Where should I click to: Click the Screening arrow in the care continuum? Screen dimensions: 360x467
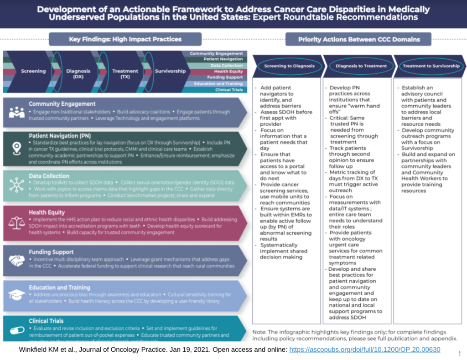(x=33, y=71)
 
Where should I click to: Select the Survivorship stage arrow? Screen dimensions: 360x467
(x=170, y=71)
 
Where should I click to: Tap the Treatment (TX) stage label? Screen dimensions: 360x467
(x=125, y=74)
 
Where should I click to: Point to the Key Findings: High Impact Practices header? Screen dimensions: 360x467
(x=125, y=39)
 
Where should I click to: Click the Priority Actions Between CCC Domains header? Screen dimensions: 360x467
(x=358, y=39)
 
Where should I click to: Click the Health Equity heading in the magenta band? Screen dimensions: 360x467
(x=47, y=212)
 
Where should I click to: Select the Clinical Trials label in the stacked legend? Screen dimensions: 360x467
(x=228, y=90)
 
